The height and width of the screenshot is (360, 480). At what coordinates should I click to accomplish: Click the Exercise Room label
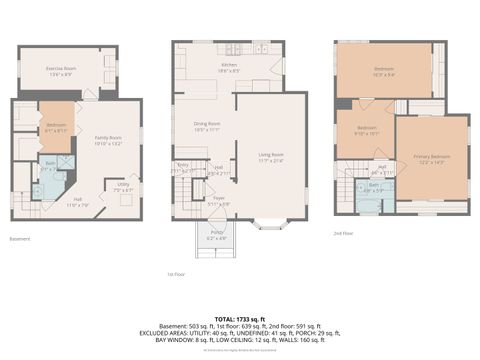62,70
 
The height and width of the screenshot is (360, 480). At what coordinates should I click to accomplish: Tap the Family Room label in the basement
108,139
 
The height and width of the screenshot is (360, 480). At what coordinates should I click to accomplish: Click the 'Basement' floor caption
20,239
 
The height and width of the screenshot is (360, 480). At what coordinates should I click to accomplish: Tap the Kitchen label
229,66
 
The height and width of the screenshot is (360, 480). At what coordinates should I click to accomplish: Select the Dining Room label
207,127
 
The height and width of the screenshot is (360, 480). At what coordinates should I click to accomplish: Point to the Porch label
217,237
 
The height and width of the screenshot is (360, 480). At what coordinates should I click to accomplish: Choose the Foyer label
218,202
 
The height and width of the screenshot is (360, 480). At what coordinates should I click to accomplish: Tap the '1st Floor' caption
176,273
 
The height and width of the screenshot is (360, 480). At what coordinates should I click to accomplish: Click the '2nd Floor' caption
344,232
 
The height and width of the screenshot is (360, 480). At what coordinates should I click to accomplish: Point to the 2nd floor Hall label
381,168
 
